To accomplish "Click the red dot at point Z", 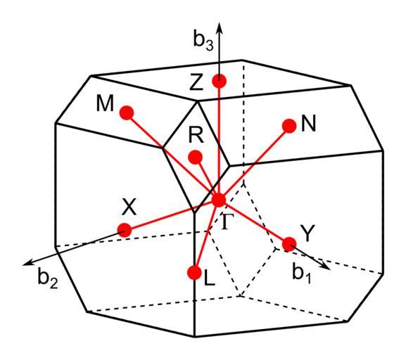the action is (220, 81).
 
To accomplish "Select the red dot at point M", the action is (127, 112).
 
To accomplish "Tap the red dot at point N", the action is (289, 126).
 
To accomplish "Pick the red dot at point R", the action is (196, 157).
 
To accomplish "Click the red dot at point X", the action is (125, 230).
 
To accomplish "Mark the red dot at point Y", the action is (289, 244).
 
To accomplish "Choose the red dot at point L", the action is (194, 272).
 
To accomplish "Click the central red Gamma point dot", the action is (219, 200).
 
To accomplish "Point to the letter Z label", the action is (196, 82).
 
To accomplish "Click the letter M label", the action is (105, 103).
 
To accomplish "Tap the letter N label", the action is (309, 124).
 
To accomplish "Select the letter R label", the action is (196, 135).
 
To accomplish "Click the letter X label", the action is (129, 207).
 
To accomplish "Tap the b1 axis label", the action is (302, 273).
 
